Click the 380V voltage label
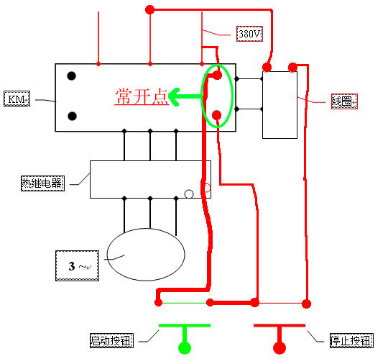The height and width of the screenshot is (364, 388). click(x=249, y=34)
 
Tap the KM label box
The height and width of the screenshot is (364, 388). click(x=17, y=99)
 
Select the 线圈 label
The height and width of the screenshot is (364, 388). click(x=344, y=101)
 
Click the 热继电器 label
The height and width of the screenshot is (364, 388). click(x=42, y=183)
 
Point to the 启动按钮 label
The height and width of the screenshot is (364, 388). click(x=111, y=340)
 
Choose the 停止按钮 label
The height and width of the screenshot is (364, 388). click(x=351, y=341)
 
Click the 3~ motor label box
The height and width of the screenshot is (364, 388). click(x=77, y=265)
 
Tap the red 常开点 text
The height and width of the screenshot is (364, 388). click(x=142, y=96)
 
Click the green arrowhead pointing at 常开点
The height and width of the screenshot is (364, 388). click(x=174, y=97)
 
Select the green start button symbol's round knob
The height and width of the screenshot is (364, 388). click(x=185, y=347)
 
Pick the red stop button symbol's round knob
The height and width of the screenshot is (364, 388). click(x=280, y=347)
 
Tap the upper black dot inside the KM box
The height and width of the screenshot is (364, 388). click(x=72, y=76)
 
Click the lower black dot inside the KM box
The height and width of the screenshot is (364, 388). click(x=72, y=116)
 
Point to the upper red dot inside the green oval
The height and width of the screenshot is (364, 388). click(x=217, y=75)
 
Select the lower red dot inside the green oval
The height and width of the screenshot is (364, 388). click(x=216, y=115)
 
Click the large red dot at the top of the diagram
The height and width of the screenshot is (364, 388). click(x=149, y=10)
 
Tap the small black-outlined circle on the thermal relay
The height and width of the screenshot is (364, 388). click(x=189, y=194)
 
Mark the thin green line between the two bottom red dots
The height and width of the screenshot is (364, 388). click(x=184, y=303)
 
